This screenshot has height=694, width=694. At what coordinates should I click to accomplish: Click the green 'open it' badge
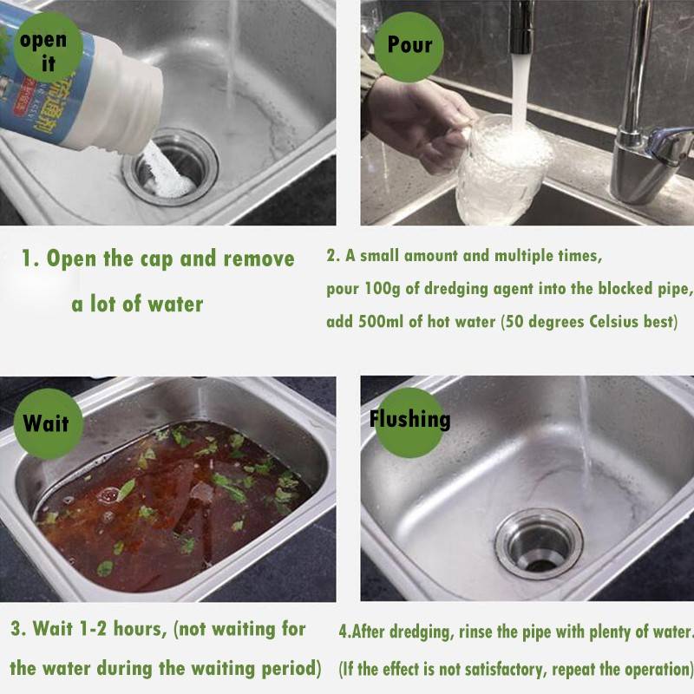click(x=48, y=48)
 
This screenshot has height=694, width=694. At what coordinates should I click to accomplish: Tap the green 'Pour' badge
click(x=409, y=47)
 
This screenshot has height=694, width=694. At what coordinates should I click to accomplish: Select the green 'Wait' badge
click(x=49, y=423)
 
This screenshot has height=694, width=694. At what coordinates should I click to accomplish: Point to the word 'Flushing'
click(x=409, y=419)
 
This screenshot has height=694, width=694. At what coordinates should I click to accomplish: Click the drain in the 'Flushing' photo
click(x=539, y=544)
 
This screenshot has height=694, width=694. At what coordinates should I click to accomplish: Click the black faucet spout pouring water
click(x=522, y=27)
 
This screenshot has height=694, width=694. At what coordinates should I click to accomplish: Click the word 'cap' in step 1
click(x=156, y=259)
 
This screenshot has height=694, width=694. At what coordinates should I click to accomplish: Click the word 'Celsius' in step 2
click(x=612, y=321)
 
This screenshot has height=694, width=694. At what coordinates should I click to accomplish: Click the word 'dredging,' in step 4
click(x=420, y=632)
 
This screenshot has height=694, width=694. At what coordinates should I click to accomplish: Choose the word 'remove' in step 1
click(x=259, y=259)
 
